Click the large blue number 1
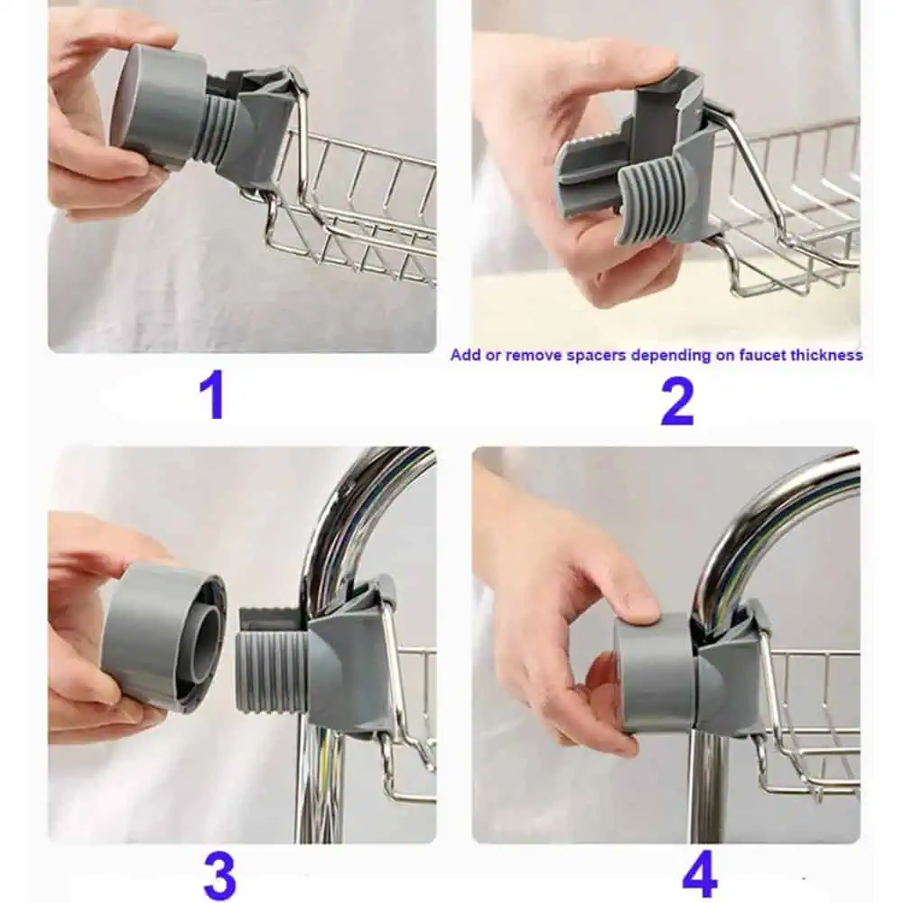[213, 397]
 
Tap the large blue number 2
[677, 403]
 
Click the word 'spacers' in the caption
[597, 355]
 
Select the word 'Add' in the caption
[465, 355]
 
